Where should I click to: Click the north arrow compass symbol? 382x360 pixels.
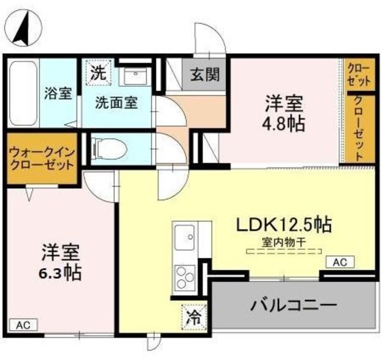point(24,28)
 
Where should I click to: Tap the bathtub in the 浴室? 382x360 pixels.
point(23,93)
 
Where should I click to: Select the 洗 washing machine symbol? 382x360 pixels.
point(98,72)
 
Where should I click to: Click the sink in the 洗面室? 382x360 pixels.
point(135,76)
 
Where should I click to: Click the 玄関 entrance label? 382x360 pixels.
point(205,74)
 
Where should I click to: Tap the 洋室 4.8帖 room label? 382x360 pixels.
point(284,113)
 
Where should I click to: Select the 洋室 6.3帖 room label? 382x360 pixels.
point(60,263)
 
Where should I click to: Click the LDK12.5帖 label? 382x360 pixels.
point(284,224)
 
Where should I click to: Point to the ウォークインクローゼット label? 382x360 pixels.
point(42,159)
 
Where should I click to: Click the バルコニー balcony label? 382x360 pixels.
point(294,305)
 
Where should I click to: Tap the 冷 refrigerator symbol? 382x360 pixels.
point(194,318)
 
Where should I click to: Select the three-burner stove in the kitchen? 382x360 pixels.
point(186,277)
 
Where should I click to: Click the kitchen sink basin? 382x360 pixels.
point(185,238)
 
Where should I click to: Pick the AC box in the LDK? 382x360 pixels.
point(340,262)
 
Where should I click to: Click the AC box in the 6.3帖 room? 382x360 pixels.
point(23,325)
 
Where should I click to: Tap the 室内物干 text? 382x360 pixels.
point(284,243)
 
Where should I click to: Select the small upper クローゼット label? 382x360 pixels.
point(359,74)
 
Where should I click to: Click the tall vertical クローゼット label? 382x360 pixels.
point(360,128)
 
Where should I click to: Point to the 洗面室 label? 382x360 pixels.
point(116,103)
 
